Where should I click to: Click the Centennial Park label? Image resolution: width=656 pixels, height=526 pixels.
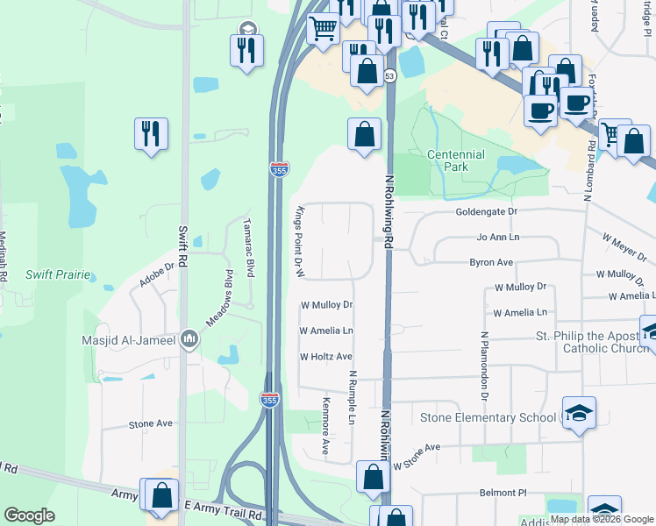point(455,160)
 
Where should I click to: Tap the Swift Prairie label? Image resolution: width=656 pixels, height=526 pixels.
point(58,274)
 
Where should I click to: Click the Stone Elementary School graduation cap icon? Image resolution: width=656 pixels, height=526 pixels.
point(578,414)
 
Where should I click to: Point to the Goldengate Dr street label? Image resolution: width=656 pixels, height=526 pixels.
point(487,212)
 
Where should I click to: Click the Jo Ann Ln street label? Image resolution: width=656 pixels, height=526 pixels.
point(497,238)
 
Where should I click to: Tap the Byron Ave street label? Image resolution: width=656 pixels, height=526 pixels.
point(491,262)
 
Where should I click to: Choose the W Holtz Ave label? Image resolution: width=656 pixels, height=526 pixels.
point(325,357)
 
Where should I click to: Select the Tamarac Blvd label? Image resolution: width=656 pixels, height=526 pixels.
point(248,248)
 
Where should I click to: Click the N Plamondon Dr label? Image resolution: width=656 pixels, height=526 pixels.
point(483,360)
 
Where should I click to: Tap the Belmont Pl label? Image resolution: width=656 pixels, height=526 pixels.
point(501,493)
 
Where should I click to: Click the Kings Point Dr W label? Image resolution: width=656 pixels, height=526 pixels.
point(299,242)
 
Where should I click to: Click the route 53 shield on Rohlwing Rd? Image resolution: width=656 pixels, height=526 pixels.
point(389,77)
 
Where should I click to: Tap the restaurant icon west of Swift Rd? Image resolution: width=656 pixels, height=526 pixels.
point(151,133)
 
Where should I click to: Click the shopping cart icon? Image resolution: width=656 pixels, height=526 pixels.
point(323,28)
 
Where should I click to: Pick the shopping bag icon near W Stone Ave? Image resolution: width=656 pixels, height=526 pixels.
point(373,477)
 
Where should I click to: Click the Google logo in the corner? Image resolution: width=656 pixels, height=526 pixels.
point(29,515)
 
